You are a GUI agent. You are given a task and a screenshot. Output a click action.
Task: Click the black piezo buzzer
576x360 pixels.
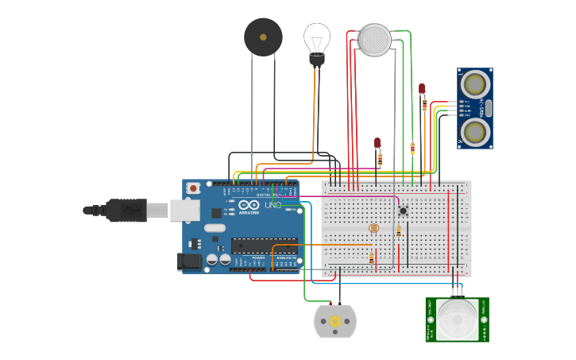[x=263, y=37]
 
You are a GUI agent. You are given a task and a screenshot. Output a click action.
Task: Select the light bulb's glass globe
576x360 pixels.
[x=317, y=37]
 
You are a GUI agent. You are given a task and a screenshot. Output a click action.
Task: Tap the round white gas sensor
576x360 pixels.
[x=375, y=40]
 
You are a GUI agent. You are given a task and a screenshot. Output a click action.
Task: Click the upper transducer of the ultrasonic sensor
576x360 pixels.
[x=475, y=83]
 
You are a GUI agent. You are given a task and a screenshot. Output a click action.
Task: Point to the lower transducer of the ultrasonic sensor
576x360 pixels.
[x=475, y=131]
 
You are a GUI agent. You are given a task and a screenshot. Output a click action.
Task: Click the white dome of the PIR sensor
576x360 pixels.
[x=457, y=320]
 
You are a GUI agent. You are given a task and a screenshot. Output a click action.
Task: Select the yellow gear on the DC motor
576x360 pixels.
[x=335, y=321]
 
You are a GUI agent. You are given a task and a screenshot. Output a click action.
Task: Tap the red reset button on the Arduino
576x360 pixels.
[x=193, y=188]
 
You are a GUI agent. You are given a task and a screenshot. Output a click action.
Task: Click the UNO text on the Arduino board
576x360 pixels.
[x=273, y=205]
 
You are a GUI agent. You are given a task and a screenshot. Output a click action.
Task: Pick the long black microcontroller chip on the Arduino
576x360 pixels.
[x=264, y=246]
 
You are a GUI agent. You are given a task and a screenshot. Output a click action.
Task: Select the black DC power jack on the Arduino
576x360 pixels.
[x=190, y=261]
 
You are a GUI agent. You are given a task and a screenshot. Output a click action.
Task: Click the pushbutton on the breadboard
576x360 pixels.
[x=403, y=211]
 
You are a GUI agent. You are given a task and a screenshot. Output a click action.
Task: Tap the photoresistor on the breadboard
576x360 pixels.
[x=374, y=228]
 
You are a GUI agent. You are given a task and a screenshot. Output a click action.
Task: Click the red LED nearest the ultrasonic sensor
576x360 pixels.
[x=422, y=88]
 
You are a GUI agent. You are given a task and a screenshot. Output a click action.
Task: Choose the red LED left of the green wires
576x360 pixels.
[x=377, y=143]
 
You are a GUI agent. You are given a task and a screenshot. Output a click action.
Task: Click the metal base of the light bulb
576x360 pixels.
[x=317, y=60]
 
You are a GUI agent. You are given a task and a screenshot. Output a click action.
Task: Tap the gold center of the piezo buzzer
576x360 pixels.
[x=263, y=37]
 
